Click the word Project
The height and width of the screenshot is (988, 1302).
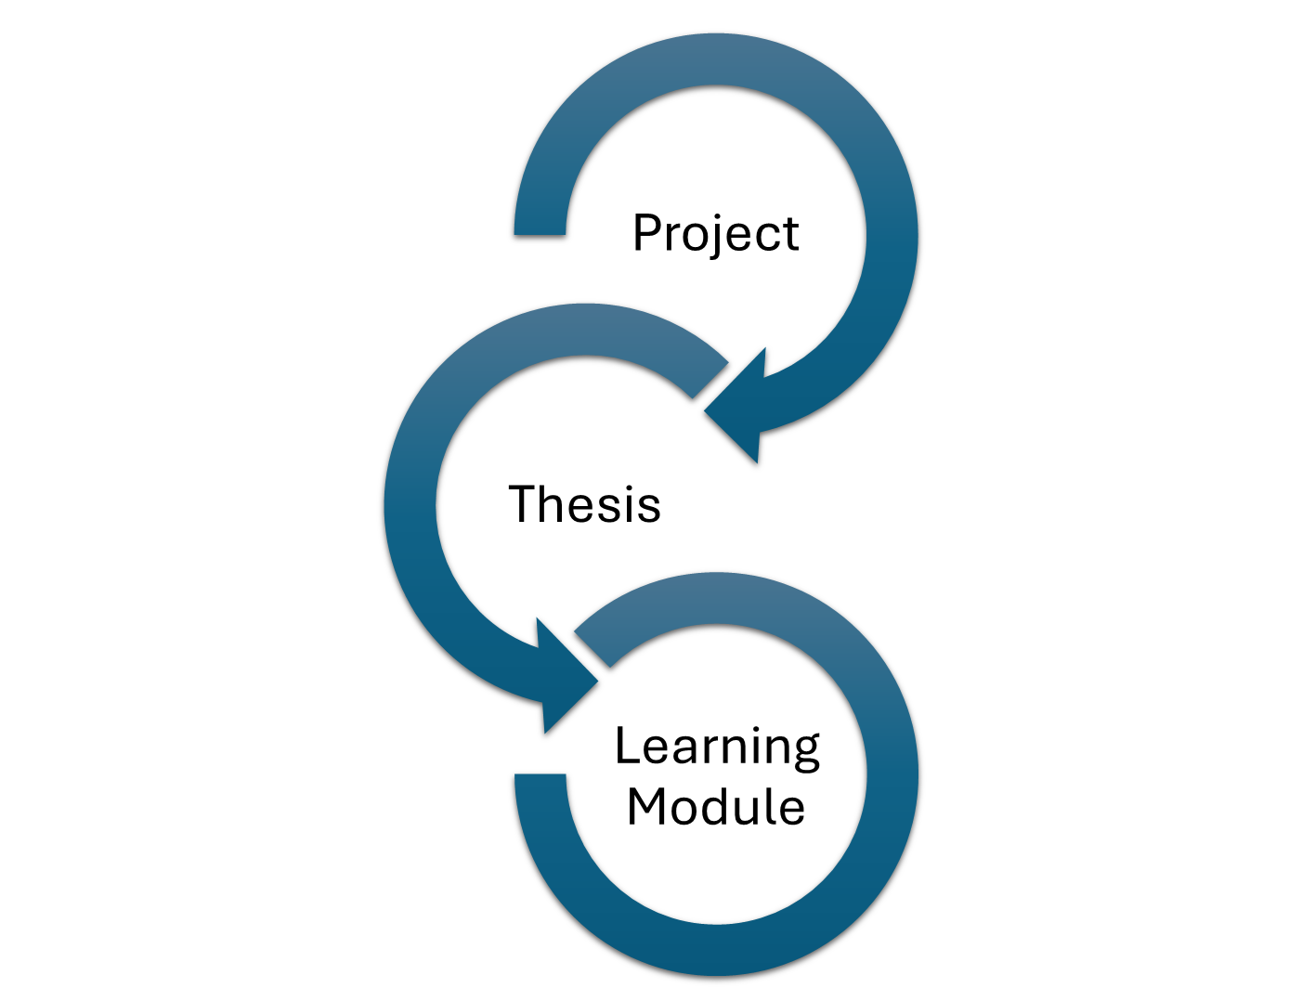coord(716,234)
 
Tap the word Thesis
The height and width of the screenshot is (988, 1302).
coord(585,504)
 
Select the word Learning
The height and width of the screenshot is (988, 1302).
coord(717,747)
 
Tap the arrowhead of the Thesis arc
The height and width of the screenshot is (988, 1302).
coord(566,677)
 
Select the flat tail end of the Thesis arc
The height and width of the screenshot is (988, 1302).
coord(710,380)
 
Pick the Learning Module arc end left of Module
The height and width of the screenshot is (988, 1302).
coord(540,777)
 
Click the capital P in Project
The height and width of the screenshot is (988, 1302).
coord(647,232)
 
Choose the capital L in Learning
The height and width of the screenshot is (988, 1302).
coord(628,745)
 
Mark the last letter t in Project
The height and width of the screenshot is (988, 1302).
coord(790,235)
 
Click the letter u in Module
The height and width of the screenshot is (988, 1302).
coord(749,812)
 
